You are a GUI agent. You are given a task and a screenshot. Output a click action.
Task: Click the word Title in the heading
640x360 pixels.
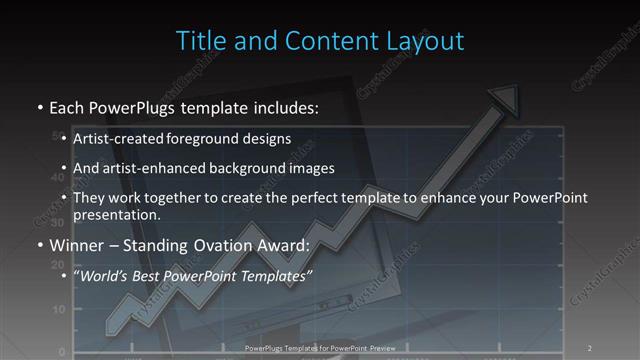(x=199, y=41)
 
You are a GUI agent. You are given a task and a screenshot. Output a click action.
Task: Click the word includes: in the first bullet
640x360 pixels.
(x=282, y=105)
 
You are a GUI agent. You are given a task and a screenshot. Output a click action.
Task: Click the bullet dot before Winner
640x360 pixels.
(x=39, y=245)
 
